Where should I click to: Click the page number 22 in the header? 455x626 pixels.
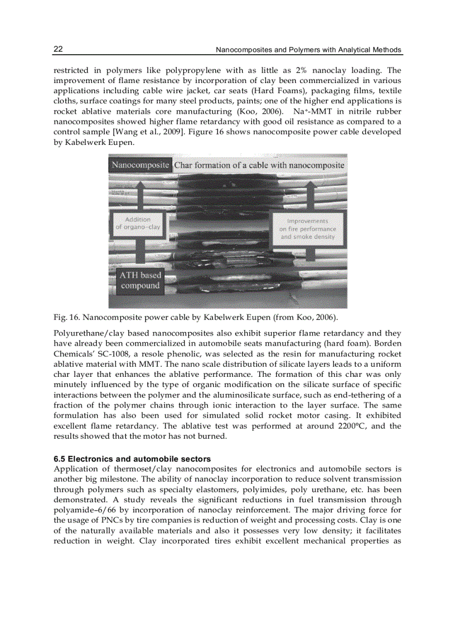click(58, 50)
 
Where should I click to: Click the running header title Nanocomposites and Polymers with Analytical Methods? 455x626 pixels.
click(308, 50)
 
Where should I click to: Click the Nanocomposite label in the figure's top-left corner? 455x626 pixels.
click(140, 165)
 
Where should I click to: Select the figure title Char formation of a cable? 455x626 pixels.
click(259, 165)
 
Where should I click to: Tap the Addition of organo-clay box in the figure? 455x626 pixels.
click(138, 224)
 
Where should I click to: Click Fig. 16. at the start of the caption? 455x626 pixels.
click(66, 318)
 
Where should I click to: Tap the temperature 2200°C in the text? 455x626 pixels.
click(341, 426)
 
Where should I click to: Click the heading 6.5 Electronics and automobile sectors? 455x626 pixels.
click(132, 459)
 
